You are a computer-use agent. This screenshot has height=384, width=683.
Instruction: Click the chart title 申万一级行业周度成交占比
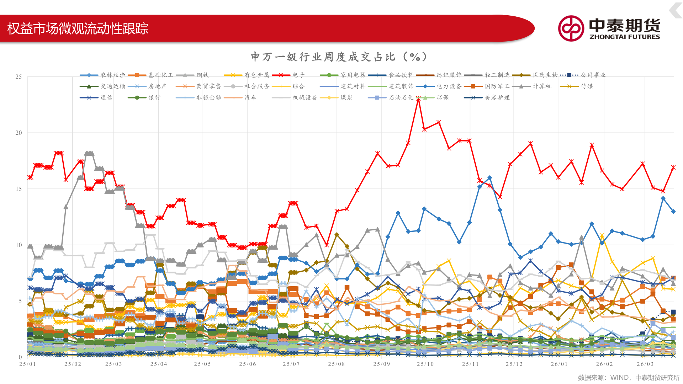point(323,57)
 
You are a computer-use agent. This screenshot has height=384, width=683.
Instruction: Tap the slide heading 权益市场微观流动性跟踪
point(78,28)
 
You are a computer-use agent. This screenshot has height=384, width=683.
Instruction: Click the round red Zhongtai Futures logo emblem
point(571,28)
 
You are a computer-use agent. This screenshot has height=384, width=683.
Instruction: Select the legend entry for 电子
point(288,75)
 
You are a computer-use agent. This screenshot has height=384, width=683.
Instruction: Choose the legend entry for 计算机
point(532,86)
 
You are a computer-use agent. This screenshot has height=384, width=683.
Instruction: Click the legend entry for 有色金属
point(247,75)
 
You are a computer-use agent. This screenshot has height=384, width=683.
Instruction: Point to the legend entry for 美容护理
point(487,97)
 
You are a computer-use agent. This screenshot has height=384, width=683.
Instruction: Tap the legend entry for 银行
point(144,97)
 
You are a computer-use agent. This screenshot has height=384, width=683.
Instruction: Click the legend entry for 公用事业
point(583,75)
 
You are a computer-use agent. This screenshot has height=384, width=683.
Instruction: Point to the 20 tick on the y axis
point(18,133)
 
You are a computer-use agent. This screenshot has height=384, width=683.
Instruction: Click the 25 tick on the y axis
point(18,77)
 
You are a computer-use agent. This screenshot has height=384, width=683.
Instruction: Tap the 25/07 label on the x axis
point(291,364)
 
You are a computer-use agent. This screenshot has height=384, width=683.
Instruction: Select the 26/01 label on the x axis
point(560,364)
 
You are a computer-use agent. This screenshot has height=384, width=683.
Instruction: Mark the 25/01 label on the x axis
point(28,364)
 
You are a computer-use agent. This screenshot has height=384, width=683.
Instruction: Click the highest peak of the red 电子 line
point(419,99)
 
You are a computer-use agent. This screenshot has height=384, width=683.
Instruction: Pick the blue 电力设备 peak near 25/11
point(490,178)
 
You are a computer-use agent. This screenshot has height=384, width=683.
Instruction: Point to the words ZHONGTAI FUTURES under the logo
point(625,37)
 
